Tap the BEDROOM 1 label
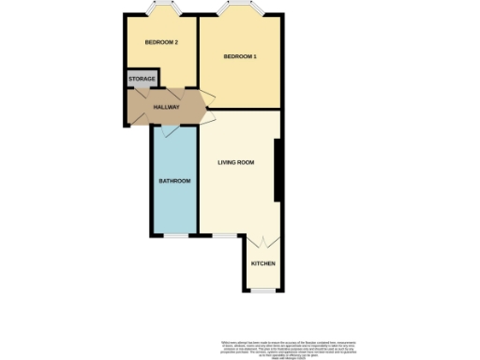tap(239, 58)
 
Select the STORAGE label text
tap(142, 80)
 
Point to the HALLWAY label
tap(166, 107)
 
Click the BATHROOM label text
tap(174, 180)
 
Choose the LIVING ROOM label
tap(236, 163)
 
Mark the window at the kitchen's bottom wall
tap(262, 292)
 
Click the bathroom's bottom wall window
tap(174, 235)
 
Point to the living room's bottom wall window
tap(222, 235)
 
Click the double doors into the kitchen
tap(262, 241)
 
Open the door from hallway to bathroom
tap(169, 130)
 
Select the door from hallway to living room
tap(206, 117)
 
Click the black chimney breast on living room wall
tap(277, 170)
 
